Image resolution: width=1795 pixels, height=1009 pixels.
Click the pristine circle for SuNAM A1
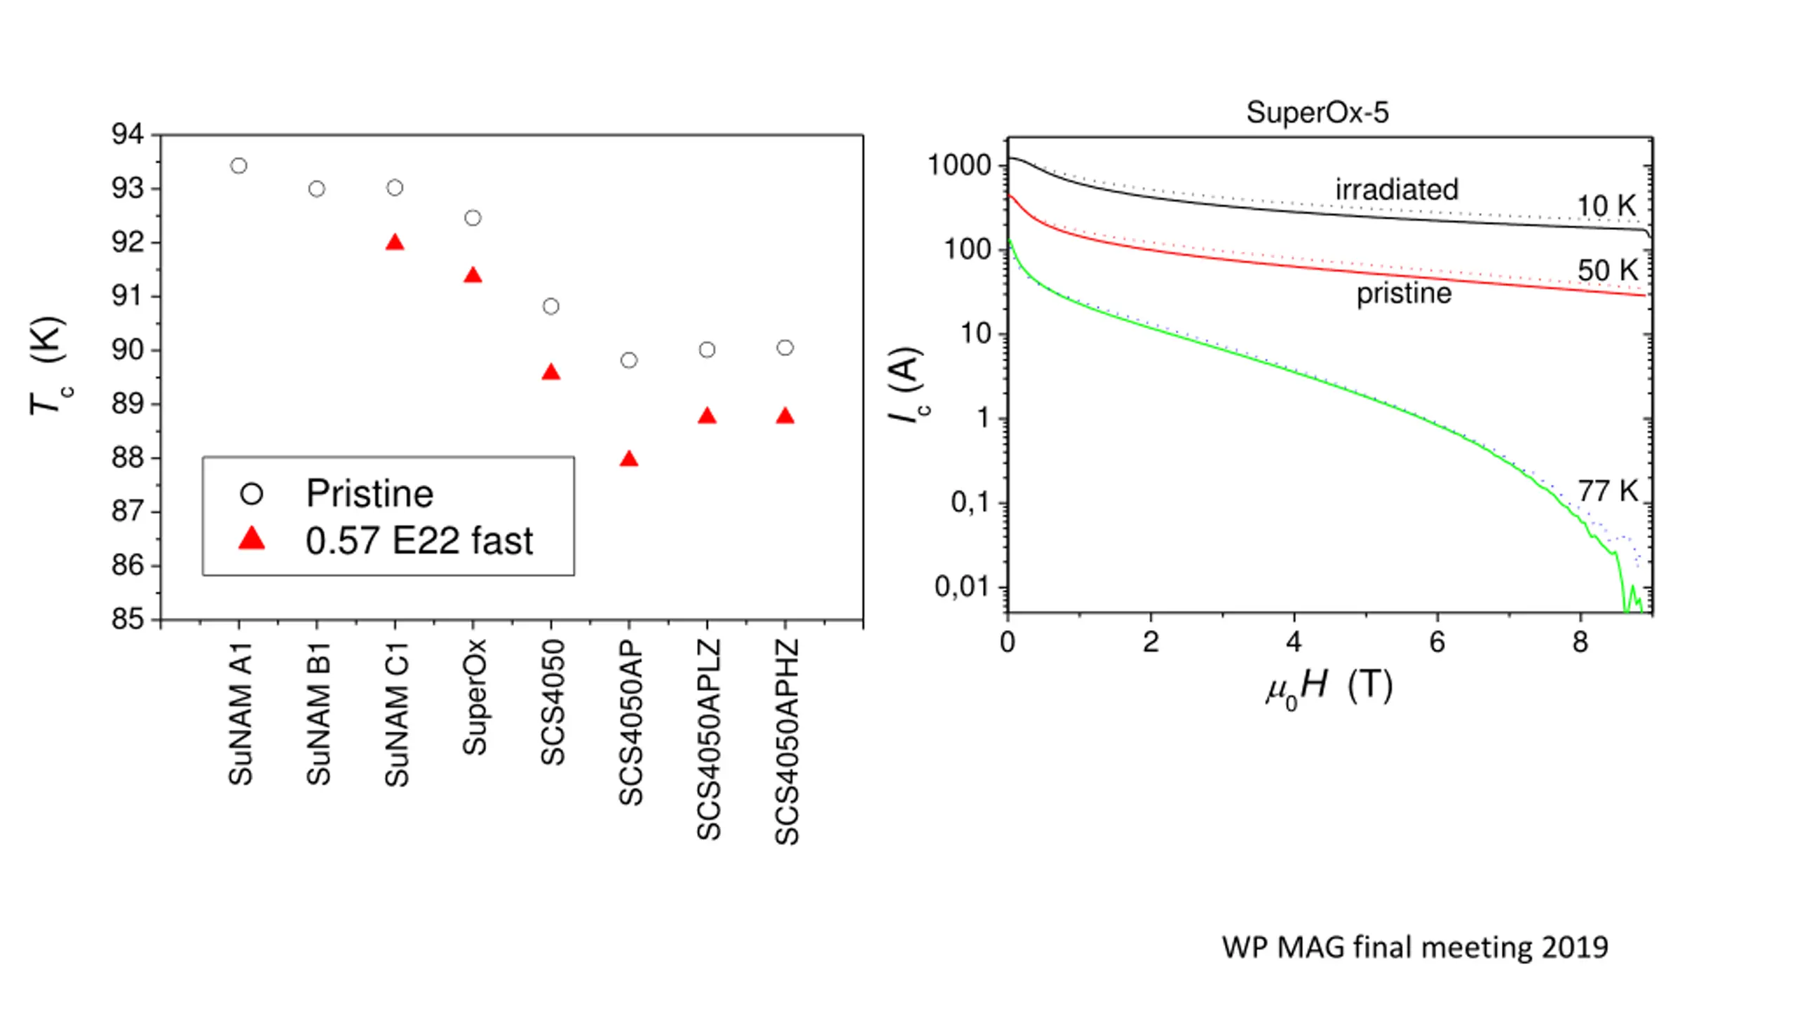coord(238,166)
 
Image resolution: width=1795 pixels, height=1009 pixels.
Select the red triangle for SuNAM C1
coord(395,243)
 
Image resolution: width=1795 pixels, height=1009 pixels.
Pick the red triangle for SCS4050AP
coord(629,460)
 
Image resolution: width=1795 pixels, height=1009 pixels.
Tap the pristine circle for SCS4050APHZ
coord(785,348)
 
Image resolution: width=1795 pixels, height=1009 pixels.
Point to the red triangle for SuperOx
coord(473,275)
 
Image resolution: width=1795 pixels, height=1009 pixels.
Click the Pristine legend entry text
coord(370,493)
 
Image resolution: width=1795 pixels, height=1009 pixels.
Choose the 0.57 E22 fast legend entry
coord(419,541)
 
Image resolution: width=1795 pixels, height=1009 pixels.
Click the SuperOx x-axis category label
coord(475,697)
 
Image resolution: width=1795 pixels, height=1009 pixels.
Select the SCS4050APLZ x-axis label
coord(708,739)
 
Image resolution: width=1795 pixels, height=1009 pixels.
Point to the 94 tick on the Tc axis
coord(128,134)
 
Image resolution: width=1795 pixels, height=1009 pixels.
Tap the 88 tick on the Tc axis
coord(128,458)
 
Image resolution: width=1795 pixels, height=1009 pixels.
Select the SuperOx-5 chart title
coord(1317,112)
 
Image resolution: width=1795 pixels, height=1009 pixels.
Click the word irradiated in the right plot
coord(1396,189)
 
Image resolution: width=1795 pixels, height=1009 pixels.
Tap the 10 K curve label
coord(1606,206)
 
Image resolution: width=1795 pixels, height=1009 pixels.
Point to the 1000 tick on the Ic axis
coord(959,166)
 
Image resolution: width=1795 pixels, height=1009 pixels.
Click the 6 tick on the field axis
coord(1437,642)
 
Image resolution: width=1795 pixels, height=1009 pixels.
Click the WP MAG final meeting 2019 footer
coord(1414,947)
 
